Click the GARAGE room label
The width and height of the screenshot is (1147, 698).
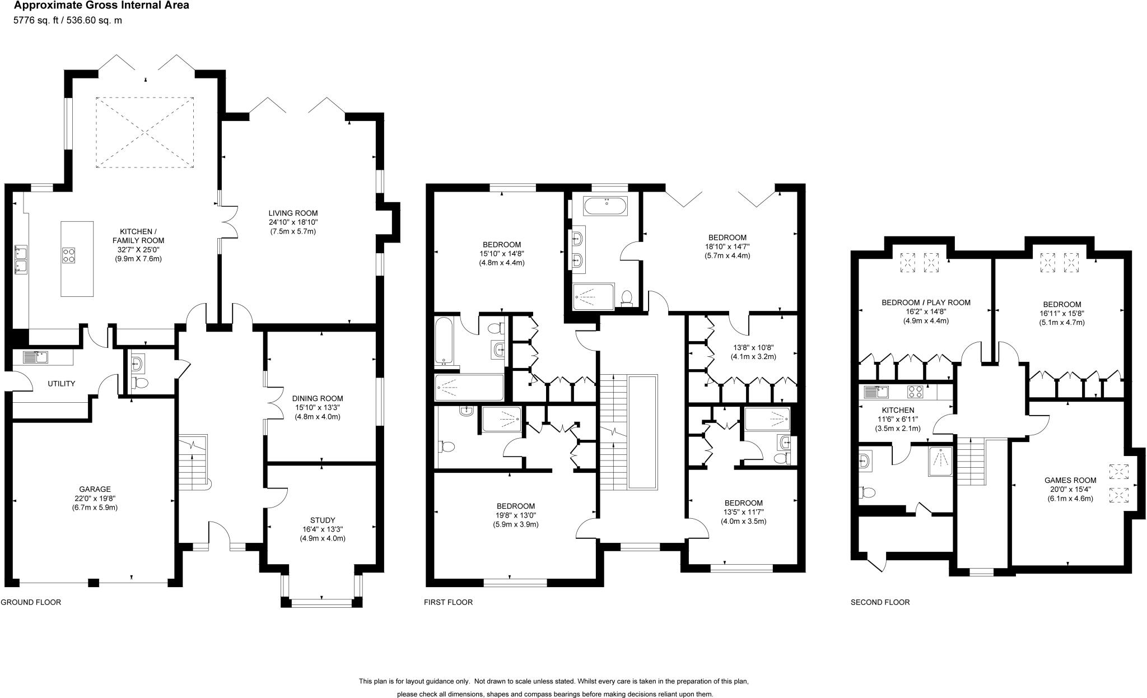95,489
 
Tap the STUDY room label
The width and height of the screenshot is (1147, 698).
322,520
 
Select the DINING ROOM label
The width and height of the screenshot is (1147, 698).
318,399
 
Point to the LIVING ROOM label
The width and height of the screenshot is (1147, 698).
293,213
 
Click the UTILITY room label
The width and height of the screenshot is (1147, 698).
61,384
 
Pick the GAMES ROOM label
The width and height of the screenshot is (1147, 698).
1070,480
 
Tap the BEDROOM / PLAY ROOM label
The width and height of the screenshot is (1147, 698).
926,303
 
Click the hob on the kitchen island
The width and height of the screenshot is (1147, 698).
69,255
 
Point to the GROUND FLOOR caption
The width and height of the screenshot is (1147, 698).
31,602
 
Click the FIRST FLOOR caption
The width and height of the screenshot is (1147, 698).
448,602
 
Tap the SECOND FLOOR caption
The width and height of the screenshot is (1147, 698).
880,602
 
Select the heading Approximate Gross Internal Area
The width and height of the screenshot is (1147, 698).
101,6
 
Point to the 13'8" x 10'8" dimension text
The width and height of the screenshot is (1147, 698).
752,347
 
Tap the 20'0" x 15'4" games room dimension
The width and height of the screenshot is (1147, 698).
1070,489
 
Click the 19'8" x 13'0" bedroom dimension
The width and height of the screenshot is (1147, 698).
515,515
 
